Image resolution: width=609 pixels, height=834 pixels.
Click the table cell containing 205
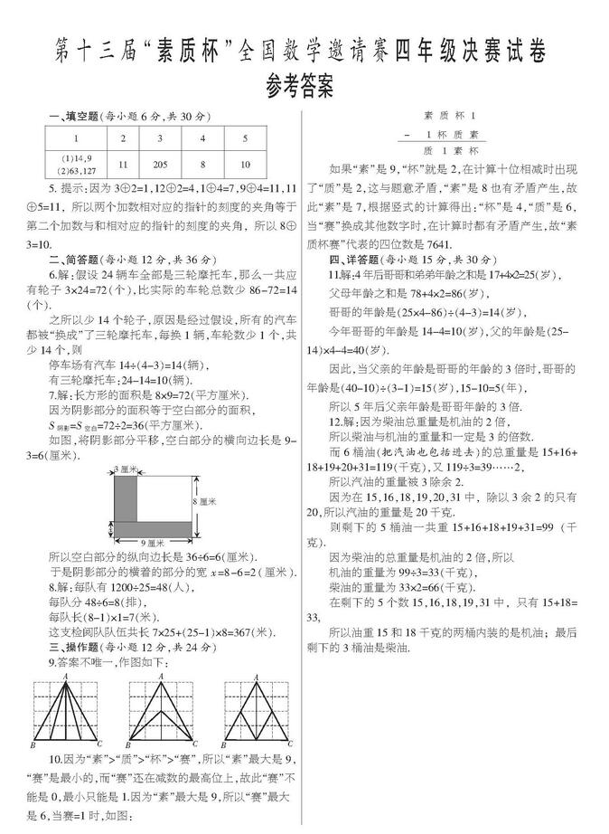(161, 165)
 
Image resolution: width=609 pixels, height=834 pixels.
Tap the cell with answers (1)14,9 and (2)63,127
(76, 165)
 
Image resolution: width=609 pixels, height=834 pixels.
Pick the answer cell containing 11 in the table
(122, 165)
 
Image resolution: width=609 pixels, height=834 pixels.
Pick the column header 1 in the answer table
(76, 138)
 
